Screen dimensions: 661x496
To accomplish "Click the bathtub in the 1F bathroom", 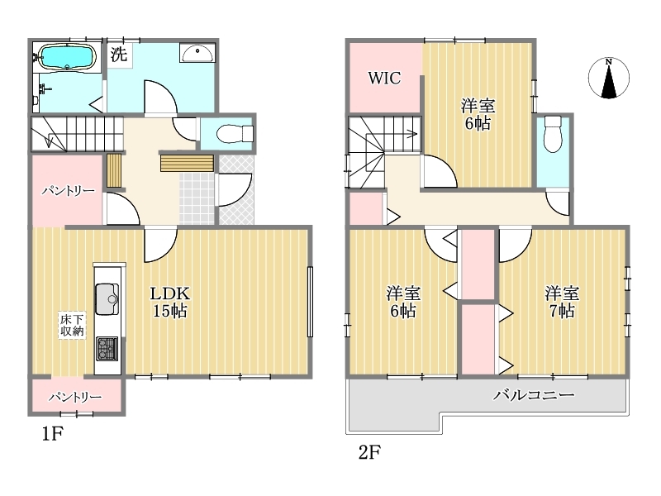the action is (x=68, y=56).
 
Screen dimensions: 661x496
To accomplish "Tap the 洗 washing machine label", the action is (x=118, y=54).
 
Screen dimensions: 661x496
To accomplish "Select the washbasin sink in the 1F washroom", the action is (x=197, y=53).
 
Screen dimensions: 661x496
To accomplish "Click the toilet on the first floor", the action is (x=235, y=134).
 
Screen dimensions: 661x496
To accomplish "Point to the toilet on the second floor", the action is (x=553, y=134).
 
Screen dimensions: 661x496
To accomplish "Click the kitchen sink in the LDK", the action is (x=107, y=298).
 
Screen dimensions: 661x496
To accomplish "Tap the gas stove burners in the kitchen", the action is (x=107, y=349).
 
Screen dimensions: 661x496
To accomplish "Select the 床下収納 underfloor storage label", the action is (x=72, y=325).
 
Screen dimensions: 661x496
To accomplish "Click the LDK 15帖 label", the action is (x=170, y=302).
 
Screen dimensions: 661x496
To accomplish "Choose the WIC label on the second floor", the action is (x=384, y=78).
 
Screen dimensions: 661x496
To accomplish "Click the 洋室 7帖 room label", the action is (x=562, y=302).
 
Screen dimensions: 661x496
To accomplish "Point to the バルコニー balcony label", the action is (x=534, y=395).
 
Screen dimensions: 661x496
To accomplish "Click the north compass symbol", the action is (x=609, y=78).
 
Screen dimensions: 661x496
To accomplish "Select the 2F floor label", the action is (x=369, y=452).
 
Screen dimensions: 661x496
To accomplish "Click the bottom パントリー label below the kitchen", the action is (x=75, y=398).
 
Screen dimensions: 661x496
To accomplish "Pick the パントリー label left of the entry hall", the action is (x=68, y=191).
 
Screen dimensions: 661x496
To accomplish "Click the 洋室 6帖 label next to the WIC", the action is (x=478, y=114).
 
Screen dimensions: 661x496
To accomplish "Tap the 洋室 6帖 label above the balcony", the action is (x=403, y=302).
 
